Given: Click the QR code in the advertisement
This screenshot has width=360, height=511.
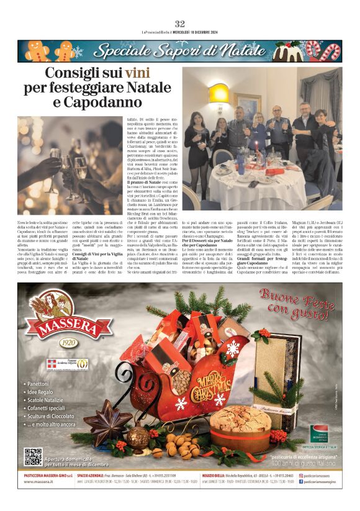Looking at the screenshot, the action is (33, 457).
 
